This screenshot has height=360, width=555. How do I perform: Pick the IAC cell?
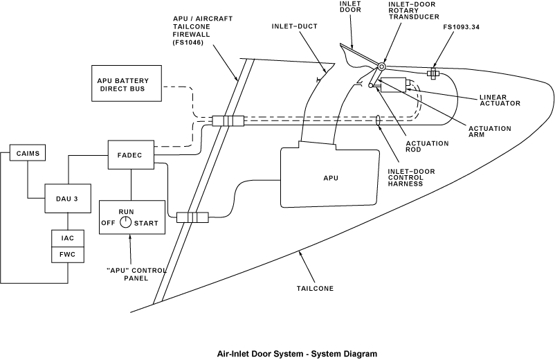68,238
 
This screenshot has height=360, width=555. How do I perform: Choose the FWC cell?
68,254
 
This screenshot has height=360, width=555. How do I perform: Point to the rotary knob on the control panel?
125,222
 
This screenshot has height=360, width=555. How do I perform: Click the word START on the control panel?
146,223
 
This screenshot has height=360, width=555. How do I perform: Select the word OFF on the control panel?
108,223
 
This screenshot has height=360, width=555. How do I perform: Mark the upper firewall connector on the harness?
228,121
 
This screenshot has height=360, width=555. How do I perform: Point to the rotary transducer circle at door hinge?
381,66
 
